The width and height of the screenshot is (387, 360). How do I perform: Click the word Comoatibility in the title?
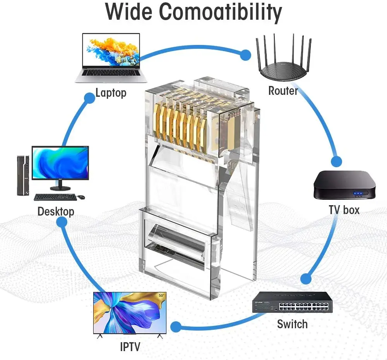point(221,13)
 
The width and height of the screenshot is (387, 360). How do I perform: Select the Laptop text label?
point(111,93)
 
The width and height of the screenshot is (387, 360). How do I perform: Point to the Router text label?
point(283,91)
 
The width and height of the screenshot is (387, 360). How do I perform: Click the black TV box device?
point(344,185)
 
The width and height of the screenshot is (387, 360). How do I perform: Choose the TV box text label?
point(344,210)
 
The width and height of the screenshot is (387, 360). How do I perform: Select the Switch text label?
point(292,324)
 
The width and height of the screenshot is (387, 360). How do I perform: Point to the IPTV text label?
point(130,346)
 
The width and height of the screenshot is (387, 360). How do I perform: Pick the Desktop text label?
point(56,212)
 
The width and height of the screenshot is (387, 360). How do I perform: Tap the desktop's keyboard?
point(55,197)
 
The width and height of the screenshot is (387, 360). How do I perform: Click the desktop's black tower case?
point(23,175)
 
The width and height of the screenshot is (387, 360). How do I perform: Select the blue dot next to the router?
point(245,55)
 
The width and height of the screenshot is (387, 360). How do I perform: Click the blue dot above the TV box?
point(336,161)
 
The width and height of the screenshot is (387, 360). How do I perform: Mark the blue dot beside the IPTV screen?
point(176,327)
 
